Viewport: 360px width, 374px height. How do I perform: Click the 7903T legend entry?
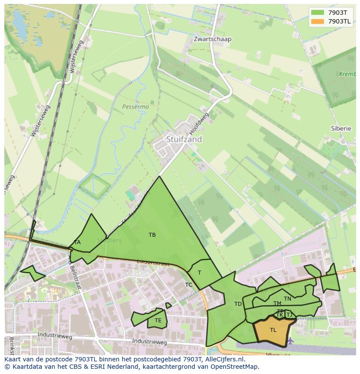tap(337, 13)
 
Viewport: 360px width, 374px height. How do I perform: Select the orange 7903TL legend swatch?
tap(318, 21)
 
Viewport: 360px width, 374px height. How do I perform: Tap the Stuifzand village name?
tap(184, 139)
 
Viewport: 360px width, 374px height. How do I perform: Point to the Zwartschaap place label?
tap(213, 39)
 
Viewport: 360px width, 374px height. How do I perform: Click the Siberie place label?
tap(340, 129)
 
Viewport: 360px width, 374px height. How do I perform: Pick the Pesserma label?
tap(135, 106)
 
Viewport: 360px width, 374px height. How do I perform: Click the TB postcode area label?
tap(152, 235)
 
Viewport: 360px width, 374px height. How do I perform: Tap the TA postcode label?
tap(77, 242)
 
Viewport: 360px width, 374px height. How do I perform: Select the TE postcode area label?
tap(158, 321)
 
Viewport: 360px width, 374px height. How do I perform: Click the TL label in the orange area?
tap(273, 330)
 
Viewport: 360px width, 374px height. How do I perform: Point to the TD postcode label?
tap(238, 304)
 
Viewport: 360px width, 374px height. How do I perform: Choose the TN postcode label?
tap(287, 299)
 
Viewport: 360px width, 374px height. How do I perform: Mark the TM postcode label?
tap(277, 304)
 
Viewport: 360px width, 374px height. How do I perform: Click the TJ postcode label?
tap(289, 315)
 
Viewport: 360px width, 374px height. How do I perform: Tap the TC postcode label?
tap(189, 285)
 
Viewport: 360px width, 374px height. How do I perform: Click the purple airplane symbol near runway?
tap(290, 340)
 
